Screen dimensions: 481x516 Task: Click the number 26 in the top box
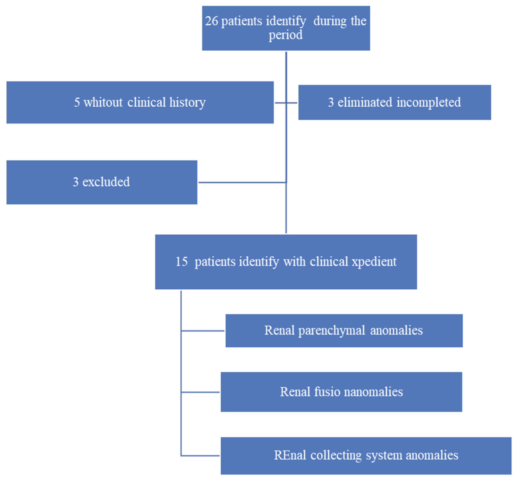[x=211, y=21]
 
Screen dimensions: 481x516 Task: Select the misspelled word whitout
[x=103, y=102]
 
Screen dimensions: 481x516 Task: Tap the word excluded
[x=106, y=182]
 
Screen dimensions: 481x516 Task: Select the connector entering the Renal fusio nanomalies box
[x=200, y=392]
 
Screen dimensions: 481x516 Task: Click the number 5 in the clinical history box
[x=77, y=102]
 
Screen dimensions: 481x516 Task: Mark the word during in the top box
[x=330, y=21]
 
